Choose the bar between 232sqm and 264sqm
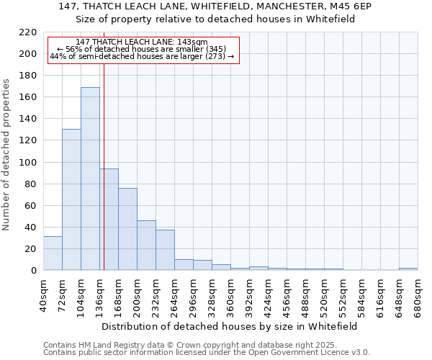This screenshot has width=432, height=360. point(165,250)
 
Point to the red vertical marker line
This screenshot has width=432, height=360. point(104,180)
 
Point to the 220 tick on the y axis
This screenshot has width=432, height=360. point(30,32)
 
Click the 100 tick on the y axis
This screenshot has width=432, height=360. point(30,162)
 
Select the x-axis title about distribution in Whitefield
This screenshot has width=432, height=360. point(230,326)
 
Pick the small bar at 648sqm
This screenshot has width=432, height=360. point(408,269)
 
